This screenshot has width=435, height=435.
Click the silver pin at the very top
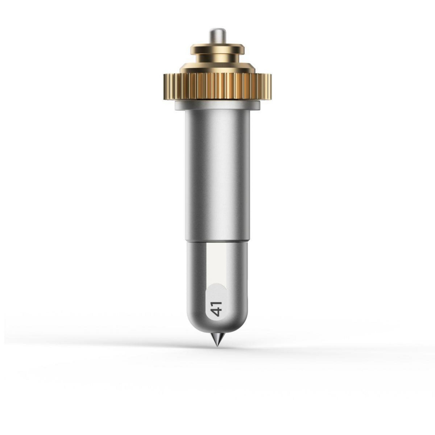click(217, 36)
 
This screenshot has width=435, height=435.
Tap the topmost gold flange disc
click(217, 49)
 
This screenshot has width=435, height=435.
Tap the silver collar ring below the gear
click(217, 105)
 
